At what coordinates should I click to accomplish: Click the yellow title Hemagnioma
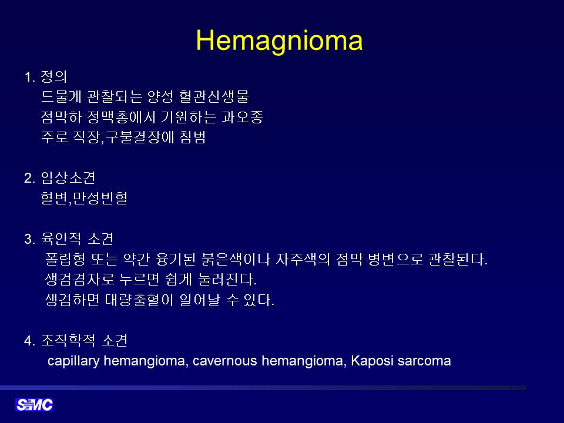coord(279,41)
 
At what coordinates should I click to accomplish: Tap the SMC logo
coord(34,405)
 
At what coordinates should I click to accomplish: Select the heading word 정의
coord(54,76)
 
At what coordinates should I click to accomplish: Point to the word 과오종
coord(242,117)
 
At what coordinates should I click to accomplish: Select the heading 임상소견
coord(68,177)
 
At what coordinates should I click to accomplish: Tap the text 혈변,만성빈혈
coord(84,198)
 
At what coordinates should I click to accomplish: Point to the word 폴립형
coord(65,259)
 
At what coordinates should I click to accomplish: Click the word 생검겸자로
coord(79,279)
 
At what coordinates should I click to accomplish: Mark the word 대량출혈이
coord(139,300)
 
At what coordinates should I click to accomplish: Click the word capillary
coord(73,361)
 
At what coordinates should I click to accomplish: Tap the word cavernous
coord(225,361)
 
